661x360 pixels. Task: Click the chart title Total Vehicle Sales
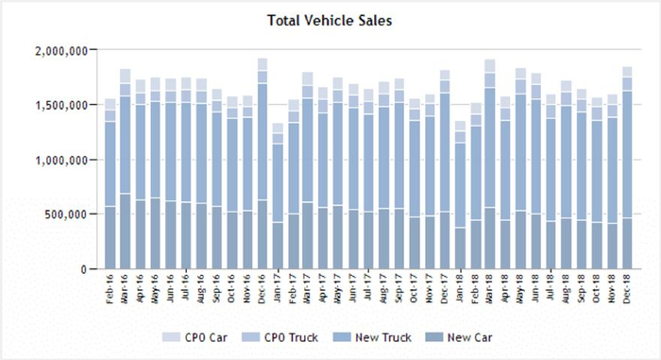(x=330, y=19)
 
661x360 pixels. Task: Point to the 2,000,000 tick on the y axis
(x=62, y=50)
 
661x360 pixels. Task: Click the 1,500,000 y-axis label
(x=62, y=105)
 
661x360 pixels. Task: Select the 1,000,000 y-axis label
(x=62, y=160)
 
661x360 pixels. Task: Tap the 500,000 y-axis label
(x=68, y=214)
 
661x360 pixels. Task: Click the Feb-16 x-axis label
(x=110, y=288)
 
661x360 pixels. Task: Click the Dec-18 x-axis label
(x=627, y=288)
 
